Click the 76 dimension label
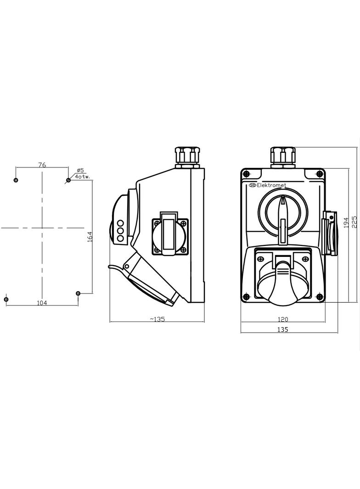point(42,165)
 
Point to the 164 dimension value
point(90,237)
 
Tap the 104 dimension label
point(42,302)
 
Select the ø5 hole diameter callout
point(80,170)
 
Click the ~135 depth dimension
point(157,319)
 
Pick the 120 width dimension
point(282,319)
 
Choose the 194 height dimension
point(346,222)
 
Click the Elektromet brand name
point(271,185)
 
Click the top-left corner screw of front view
point(247,174)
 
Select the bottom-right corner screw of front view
point(319,297)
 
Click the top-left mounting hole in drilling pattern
point(16,180)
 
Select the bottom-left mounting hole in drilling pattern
point(6,300)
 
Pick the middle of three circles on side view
point(120,231)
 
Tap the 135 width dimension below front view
point(282,329)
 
